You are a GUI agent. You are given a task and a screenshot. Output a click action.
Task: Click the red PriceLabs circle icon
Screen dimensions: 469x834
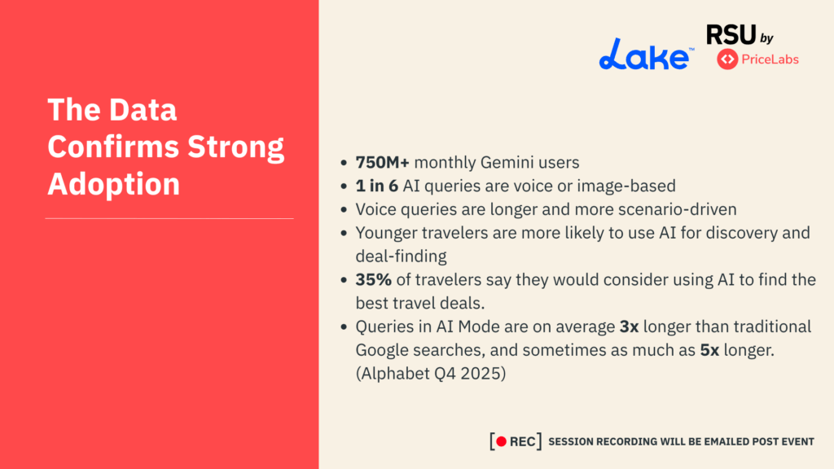click(x=727, y=59)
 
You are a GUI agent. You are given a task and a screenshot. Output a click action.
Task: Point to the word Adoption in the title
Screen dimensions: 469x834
click(x=113, y=184)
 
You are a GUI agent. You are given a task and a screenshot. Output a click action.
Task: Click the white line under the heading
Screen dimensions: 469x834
click(x=169, y=218)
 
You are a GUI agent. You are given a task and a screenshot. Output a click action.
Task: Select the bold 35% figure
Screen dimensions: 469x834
click(x=374, y=279)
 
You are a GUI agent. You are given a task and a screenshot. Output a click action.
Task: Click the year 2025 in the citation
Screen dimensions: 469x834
click(x=485, y=374)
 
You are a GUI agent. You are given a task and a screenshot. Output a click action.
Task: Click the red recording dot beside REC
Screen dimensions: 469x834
click(x=503, y=441)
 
